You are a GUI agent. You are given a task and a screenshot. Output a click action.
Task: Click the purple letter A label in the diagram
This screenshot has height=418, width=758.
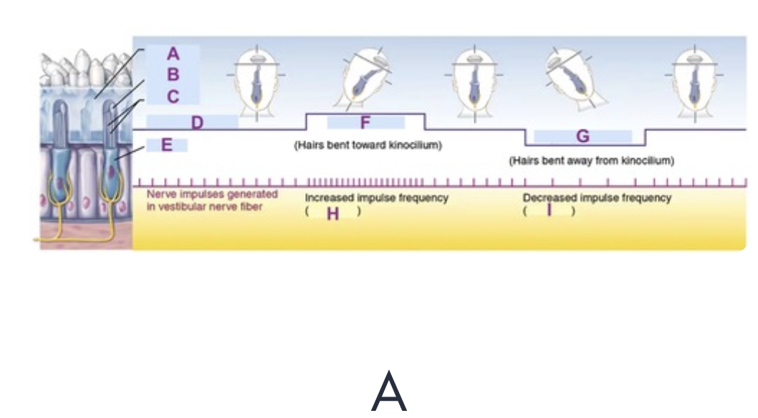pyautogui.click(x=173, y=54)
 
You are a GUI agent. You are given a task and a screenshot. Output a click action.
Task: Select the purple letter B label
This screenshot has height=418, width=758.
pyautogui.click(x=173, y=74)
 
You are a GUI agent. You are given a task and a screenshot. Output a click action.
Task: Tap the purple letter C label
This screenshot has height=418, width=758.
pyautogui.click(x=173, y=96)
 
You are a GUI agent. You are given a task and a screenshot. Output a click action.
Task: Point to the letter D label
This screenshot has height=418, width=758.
pyautogui.click(x=196, y=122)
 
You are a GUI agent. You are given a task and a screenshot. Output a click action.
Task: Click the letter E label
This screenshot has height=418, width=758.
pyautogui.click(x=166, y=145)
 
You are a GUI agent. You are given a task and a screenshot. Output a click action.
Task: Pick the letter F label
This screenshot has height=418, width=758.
pyautogui.click(x=365, y=122)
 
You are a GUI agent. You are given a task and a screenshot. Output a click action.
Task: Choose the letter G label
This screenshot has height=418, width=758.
pyautogui.click(x=582, y=136)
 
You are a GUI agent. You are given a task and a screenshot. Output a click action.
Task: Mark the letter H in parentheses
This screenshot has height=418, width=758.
pyautogui.click(x=332, y=213)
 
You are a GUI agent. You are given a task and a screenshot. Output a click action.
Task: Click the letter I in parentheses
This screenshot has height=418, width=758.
pyautogui.click(x=549, y=210)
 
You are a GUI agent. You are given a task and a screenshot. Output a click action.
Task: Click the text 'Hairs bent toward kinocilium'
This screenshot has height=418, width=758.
pyautogui.click(x=368, y=145)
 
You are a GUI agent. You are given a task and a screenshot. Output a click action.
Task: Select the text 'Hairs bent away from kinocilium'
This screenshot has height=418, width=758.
pyautogui.click(x=592, y=160)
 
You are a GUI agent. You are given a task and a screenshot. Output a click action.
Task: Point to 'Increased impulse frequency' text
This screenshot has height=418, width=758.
pyautogui.click(x=376, y=198)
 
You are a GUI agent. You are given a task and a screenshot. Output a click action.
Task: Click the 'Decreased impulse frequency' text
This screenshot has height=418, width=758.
pyautogui.click(x=597, y=198)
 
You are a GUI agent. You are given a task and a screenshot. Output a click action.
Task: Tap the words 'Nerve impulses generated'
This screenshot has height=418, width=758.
pyautogui.click(x=212, y=195)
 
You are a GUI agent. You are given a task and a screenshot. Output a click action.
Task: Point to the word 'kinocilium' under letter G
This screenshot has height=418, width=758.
pyautogui.click(x=648, y=160)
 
